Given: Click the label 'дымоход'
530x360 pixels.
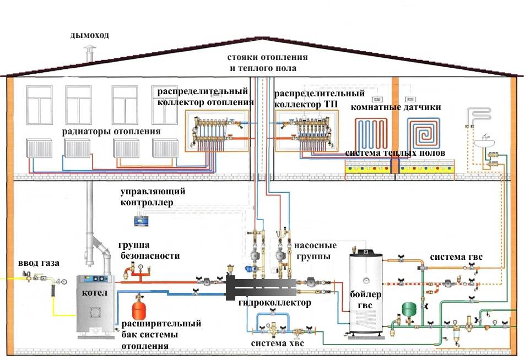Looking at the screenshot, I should [x=90, y=35].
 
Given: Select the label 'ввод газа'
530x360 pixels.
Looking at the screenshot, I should [x=39, y=261].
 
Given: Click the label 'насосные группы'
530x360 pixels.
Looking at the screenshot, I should [x=313, y=251].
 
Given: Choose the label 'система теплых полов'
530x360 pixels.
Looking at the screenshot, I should [x=395, y=153].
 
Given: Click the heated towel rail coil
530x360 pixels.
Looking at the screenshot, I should [x=478, y=116].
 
